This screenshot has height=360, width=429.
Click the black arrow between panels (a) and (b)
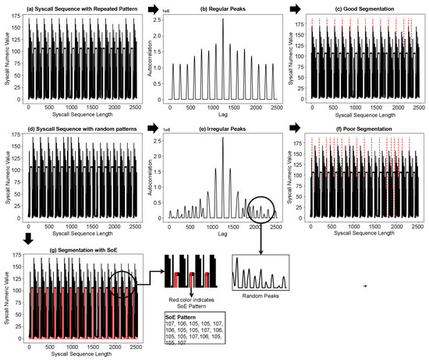pos(153,8)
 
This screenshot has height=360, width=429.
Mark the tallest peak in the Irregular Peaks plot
pos(222,138)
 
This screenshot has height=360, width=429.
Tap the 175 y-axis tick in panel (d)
pos(18,137)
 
